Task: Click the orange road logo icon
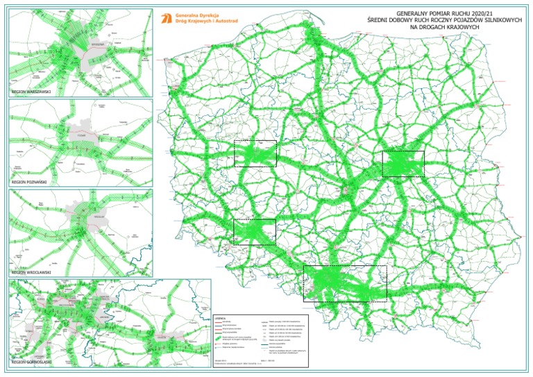tap(165, 18)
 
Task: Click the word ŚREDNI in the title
tap(378, 20)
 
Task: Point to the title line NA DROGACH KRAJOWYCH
tap(445, 27)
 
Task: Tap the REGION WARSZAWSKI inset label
tap(32, 92)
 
